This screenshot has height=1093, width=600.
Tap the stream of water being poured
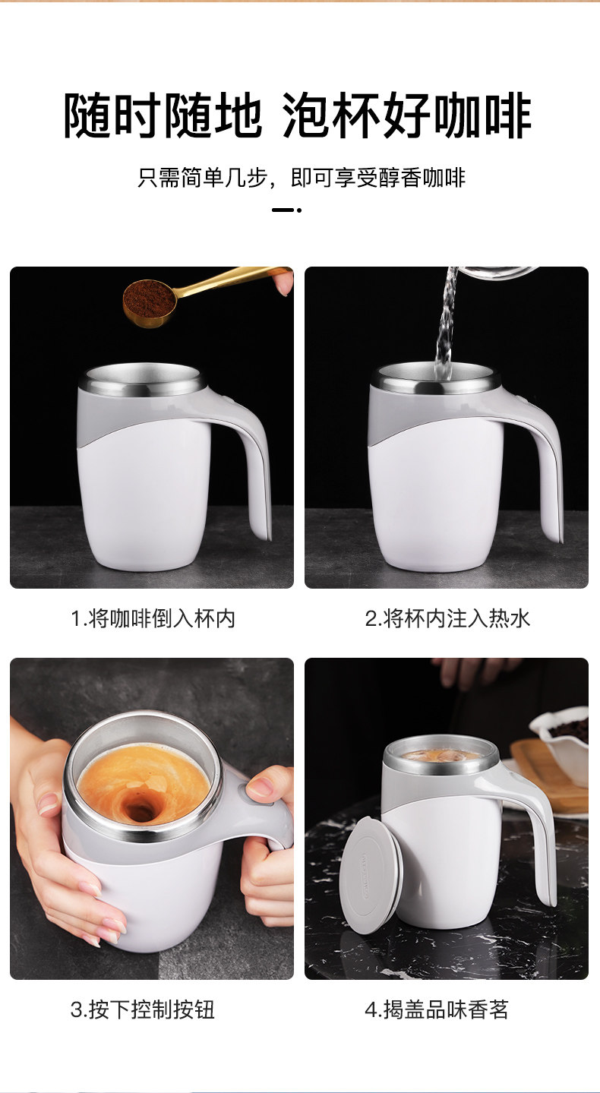446,322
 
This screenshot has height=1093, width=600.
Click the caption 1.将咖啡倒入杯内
153,619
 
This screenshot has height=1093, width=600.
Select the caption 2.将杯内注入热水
447,619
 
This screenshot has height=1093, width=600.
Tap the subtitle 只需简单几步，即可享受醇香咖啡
301,177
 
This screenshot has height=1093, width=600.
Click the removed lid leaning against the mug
371,874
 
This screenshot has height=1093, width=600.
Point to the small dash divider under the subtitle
286,210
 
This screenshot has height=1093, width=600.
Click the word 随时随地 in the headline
163,116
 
